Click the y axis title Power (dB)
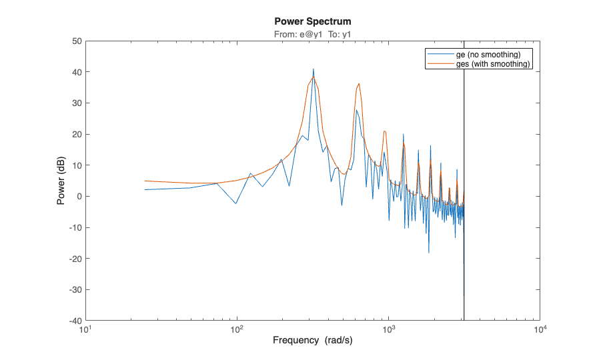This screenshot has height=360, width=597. coord(61,181)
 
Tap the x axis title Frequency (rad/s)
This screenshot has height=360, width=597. coord(312,341)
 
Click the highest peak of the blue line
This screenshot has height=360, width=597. coord(313,69)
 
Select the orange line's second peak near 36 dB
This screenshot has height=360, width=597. coord(359,84)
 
